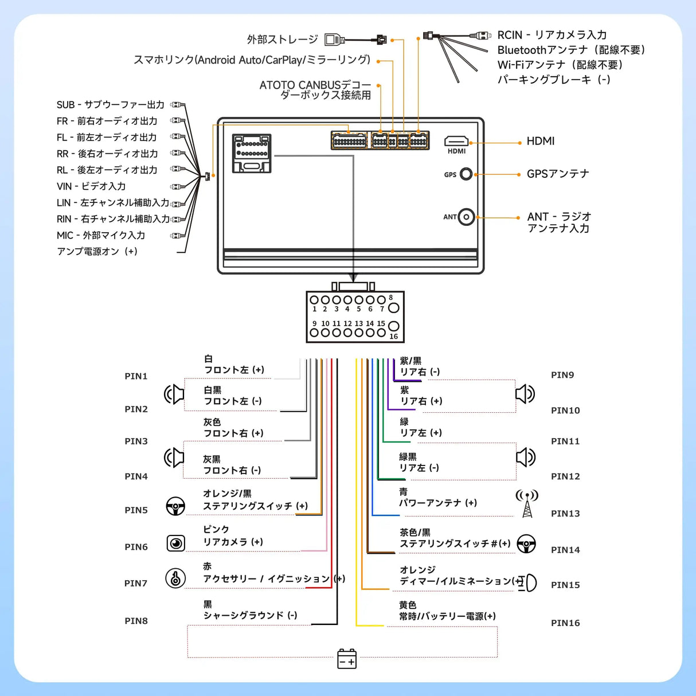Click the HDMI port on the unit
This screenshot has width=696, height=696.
[456, 141]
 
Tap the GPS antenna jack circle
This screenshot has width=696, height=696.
[466, 174]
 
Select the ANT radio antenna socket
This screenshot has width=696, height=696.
[467, 217]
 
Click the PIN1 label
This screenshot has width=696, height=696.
[136, 376]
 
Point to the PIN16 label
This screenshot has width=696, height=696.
[565, 623]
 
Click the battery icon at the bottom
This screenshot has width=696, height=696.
[347, 659]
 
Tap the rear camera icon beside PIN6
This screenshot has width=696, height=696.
[175, 543]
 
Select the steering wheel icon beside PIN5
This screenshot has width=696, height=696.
[175, 506]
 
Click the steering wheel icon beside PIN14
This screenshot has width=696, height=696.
[526, 543]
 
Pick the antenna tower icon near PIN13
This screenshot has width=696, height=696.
[527, 503]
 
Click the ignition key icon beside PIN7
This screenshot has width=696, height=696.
[175, 578]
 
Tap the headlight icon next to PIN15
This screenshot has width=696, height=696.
[528, 582]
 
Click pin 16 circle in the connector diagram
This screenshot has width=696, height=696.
[393, 327]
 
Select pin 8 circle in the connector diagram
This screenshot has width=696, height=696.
[393, 307]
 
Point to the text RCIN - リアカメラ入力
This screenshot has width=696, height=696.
[552, 35]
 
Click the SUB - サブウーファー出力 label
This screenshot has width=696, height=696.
[110, 105]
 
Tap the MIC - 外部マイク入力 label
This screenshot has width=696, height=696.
[101, 235]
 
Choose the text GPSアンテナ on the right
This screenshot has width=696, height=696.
[558, 174]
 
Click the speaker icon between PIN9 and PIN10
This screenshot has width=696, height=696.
[525, 394]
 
